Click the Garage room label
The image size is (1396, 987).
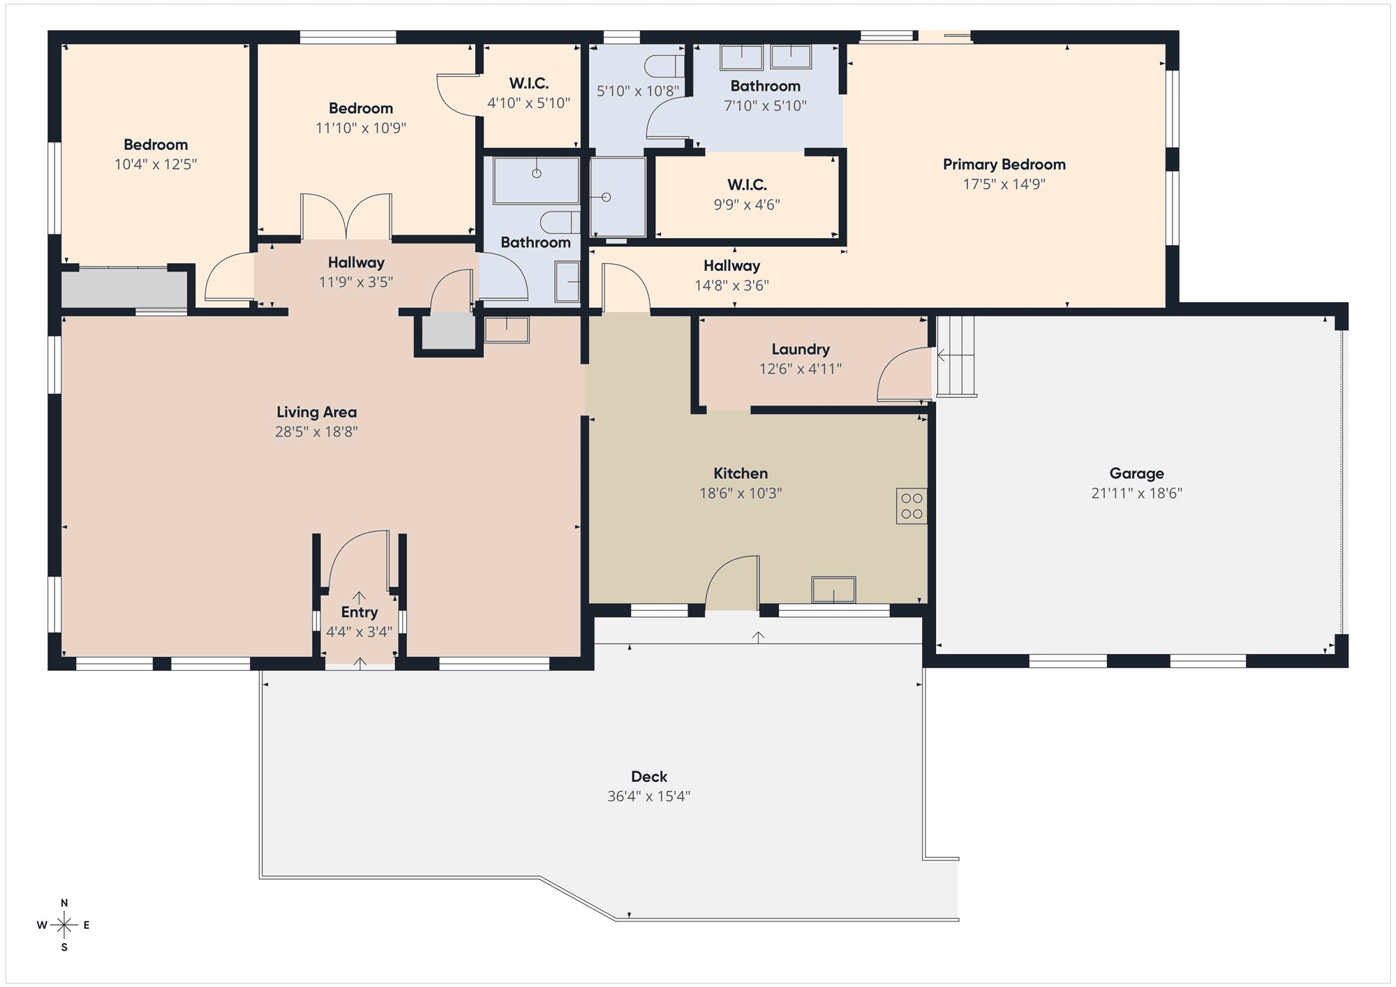(x=1136, y=473)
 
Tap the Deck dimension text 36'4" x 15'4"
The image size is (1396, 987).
(x=648, y=796)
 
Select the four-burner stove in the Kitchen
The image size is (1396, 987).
(x=912, y=506)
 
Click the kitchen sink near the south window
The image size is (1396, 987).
(x=833, y=590)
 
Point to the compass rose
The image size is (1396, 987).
(x=64, y=926)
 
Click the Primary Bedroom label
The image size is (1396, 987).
(x=1004, y=165)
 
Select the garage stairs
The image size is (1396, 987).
(x=956, y=357)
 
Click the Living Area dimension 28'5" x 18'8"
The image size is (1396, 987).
(x=316, y=432)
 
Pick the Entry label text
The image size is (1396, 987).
(x=359, y=613)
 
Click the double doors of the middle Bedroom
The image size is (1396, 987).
(x=346, y=216)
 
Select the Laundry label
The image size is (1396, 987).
(x=801, y=349)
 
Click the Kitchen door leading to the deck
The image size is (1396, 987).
(x=733, y=584)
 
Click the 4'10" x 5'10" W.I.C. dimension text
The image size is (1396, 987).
(x=528, y=103)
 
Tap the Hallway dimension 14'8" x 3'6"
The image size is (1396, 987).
(x=732, y=285)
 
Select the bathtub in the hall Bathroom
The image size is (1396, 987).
(x=536, y=180)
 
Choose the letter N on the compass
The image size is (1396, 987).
(x=64, y=903)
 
